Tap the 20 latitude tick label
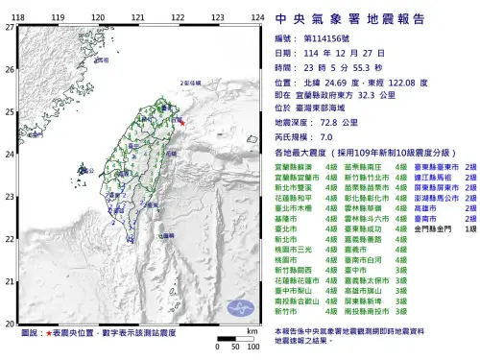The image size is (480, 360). click(9, 324)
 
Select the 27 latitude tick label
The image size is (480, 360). click(9, 27)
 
